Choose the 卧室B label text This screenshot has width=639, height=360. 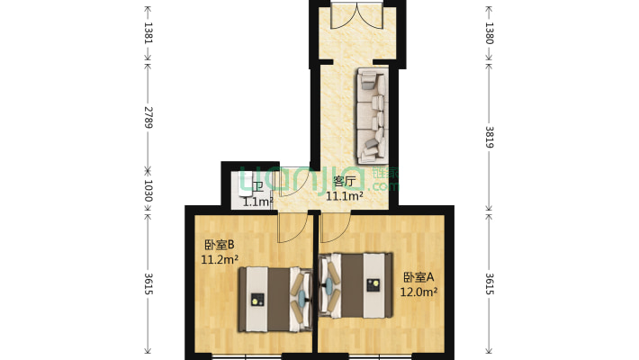(x=219, y=245)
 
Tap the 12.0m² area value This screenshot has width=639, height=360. (x=418, y=292)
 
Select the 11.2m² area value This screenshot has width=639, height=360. (x=220, y=260)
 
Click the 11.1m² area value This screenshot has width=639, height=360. (x=345, y=195)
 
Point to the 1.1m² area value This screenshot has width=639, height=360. (x=256, y=202)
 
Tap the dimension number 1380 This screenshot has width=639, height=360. (x=490, y=33)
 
